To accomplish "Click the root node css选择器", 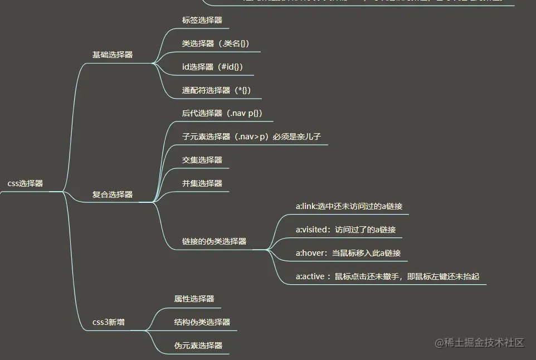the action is (x=25, y=183).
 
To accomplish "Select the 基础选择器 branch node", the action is (x=113, y=55).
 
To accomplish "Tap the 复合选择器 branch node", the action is (x=113, y=194).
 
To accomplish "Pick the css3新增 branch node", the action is (x=109, y=322).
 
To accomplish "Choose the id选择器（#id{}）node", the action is (x=212, y=67).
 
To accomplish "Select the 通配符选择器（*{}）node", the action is (x=213, y=90).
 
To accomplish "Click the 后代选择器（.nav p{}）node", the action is (x=222, y=113).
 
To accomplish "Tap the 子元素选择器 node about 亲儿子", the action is (x=251, y=137).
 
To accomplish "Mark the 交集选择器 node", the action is (x=202, y=160).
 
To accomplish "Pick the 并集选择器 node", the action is (x=202, y=183).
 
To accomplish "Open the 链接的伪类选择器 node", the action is (x=214, y=241).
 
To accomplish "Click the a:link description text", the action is (x=349, y=206).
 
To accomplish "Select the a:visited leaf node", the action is (x=345, y=230).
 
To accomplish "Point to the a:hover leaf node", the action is (x=348, y=253).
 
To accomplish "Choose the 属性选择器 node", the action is (x=194, y=299).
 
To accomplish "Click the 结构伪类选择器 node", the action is (x=202, y=322).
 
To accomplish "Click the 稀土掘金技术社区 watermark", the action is (x=480, y=343).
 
